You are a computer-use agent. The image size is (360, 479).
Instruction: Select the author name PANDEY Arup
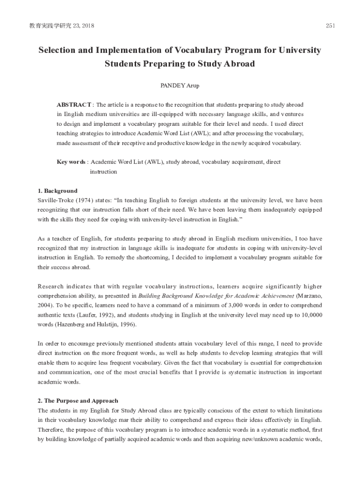180,86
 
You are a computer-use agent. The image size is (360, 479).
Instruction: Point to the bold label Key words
71,162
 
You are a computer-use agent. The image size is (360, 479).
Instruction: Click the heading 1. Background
57,191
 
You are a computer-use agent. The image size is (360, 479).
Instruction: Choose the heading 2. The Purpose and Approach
78,401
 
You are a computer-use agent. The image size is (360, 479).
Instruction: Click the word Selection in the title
57,50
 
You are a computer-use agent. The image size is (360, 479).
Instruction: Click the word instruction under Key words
103,172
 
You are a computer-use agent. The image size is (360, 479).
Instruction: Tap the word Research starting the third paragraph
52,286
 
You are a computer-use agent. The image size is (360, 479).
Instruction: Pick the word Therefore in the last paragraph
51,429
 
